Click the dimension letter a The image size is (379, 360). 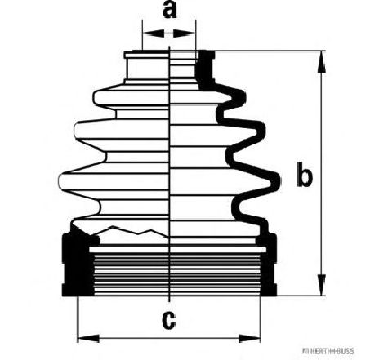click(169, 10)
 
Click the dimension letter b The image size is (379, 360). click(304, 174)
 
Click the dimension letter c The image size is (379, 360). click(169, 320)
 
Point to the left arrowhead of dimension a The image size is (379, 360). click(154, 33)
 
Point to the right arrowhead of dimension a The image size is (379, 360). click(185, 33)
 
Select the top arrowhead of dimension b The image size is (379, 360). click(322, 62)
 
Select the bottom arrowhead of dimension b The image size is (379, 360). click(322, 285)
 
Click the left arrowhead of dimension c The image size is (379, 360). click(88, 339)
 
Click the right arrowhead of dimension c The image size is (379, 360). click(249, 339)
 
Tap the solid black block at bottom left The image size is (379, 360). click(78, 264)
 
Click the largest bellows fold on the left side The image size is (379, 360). click(114, 181)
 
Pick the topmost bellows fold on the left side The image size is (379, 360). click(132, 98)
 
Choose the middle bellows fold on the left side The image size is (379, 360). click(122, 131)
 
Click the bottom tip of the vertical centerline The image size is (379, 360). click(169, 301)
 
